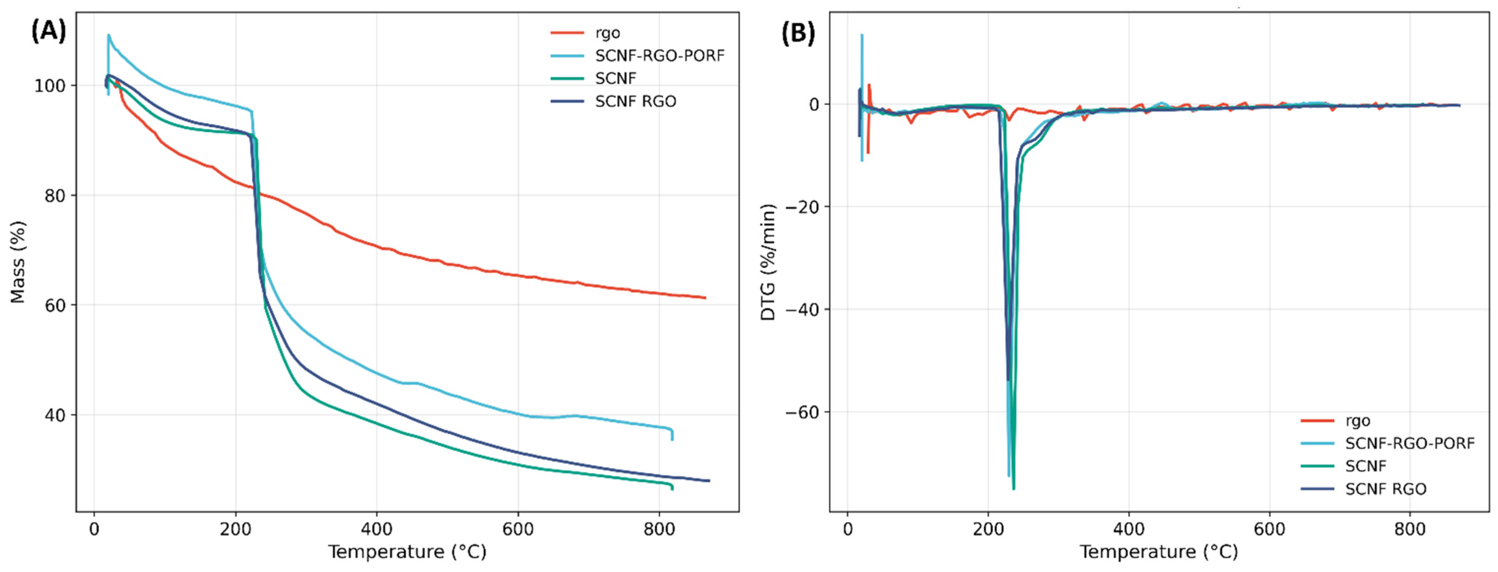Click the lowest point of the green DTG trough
[1014, 489]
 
